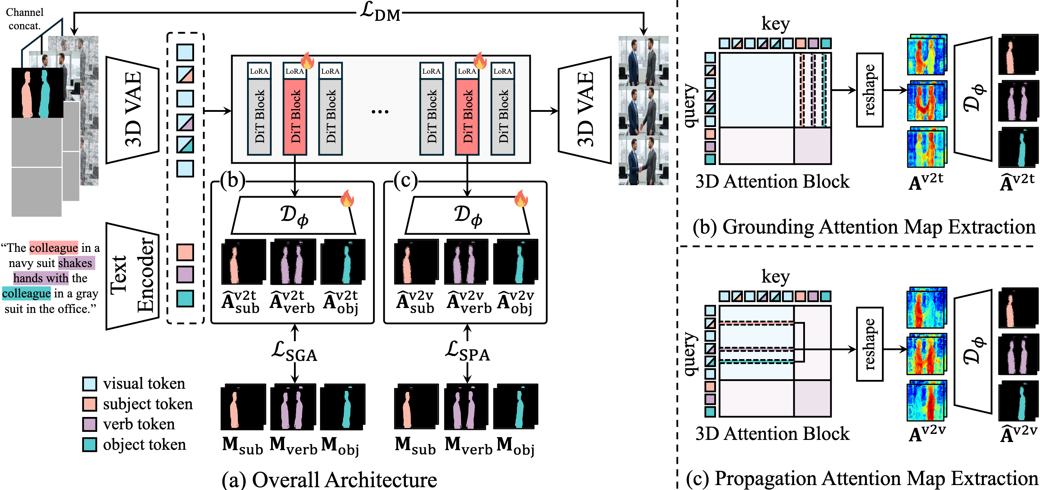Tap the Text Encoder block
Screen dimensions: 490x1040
132,276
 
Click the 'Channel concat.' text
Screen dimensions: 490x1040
25,19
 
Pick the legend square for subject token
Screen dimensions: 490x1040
89,404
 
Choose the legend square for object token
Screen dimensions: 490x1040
89,444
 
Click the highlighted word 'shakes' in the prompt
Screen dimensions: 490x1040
76,263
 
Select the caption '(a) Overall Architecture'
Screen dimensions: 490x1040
329,479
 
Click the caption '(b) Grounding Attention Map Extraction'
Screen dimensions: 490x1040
864,227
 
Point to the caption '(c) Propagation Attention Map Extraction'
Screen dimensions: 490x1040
862,478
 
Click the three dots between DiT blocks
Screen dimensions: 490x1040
380,111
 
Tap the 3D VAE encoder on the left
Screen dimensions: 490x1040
132,110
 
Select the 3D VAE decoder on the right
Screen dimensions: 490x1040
585,110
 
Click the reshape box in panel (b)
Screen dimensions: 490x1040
870,90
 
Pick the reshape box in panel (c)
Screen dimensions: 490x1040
870,344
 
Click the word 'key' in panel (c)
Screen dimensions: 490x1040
775,277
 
